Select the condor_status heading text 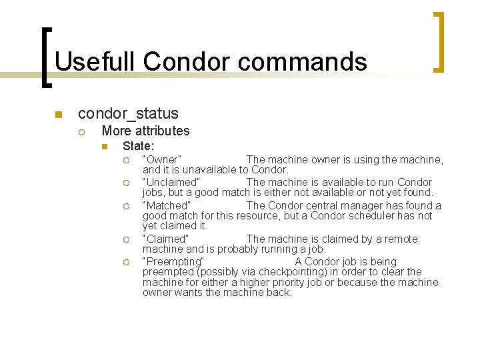[x=128, y=113]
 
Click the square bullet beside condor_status [x=59, y=114]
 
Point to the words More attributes [x=145, y=131]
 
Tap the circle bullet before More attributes [x=81, y=132]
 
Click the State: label [x=138, y=145]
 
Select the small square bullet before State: [x=104, y=146]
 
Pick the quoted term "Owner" [x=162, y=160]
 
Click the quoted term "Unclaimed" [x=171, y=183]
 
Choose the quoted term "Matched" [x=167, y=205]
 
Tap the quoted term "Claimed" [x=166, y=239]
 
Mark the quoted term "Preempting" [x=173, y=261]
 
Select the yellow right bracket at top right [x=439, y=41]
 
